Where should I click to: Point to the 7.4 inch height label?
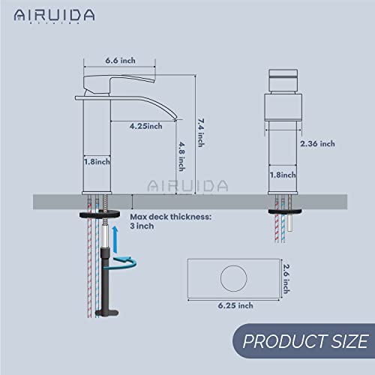[199, 121]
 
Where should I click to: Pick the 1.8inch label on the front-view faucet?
[286, 174]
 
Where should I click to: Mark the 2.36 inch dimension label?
[316, 143]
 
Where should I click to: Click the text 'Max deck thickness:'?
[175, 216]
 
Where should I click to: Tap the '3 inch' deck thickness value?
[152, 226]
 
